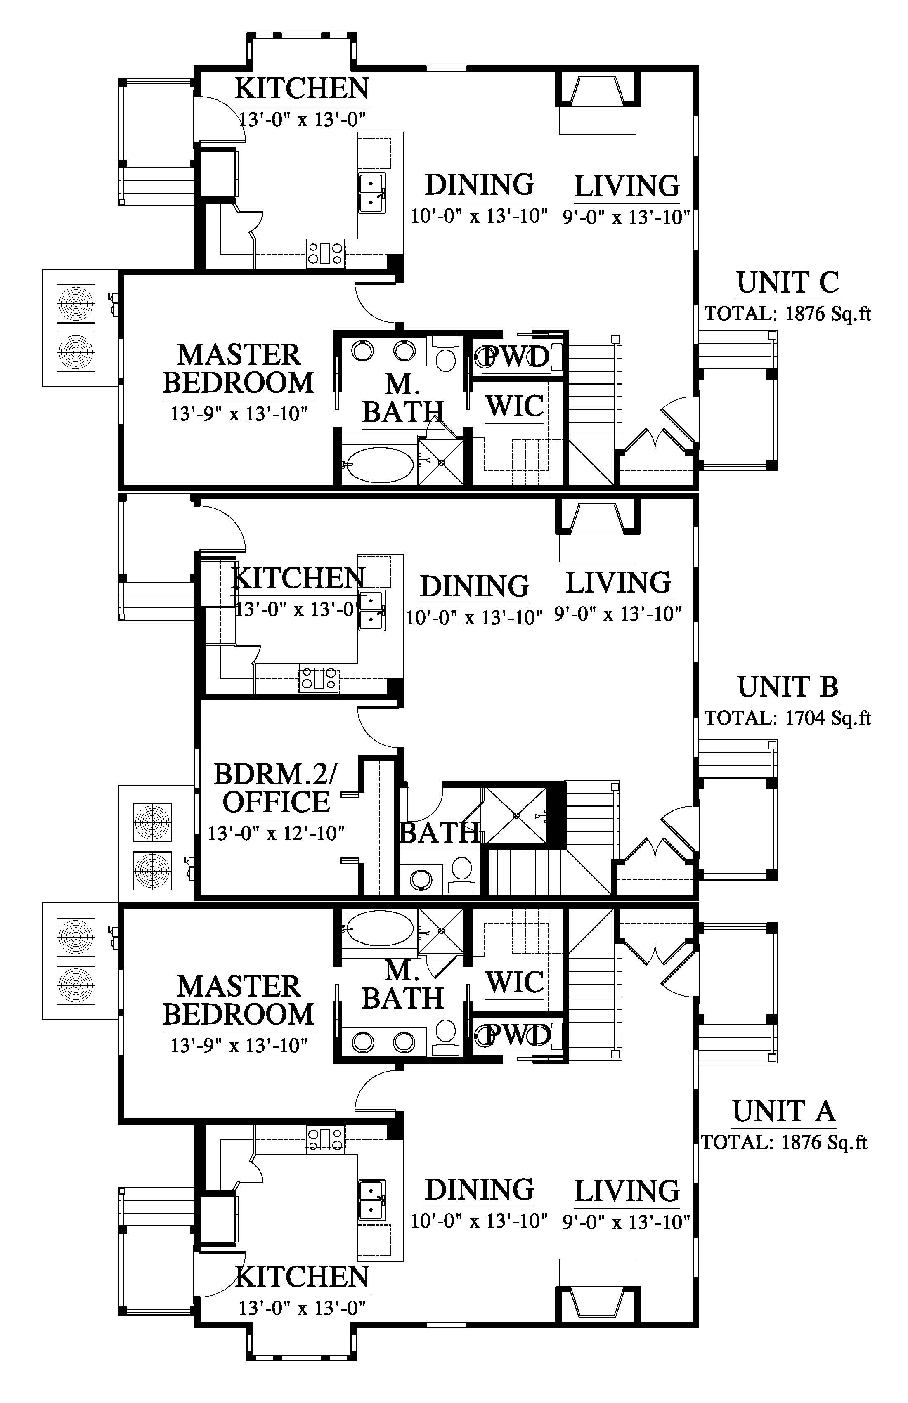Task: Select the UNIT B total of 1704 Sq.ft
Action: (x=788, y=718)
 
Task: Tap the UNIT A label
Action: (x=784, y=1111)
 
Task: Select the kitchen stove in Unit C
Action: (x=324, y=253)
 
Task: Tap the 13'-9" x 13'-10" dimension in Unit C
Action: (x=239, y=414)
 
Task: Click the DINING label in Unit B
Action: (x=475, y=586)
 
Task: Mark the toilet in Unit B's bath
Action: (x=461, y=872)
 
